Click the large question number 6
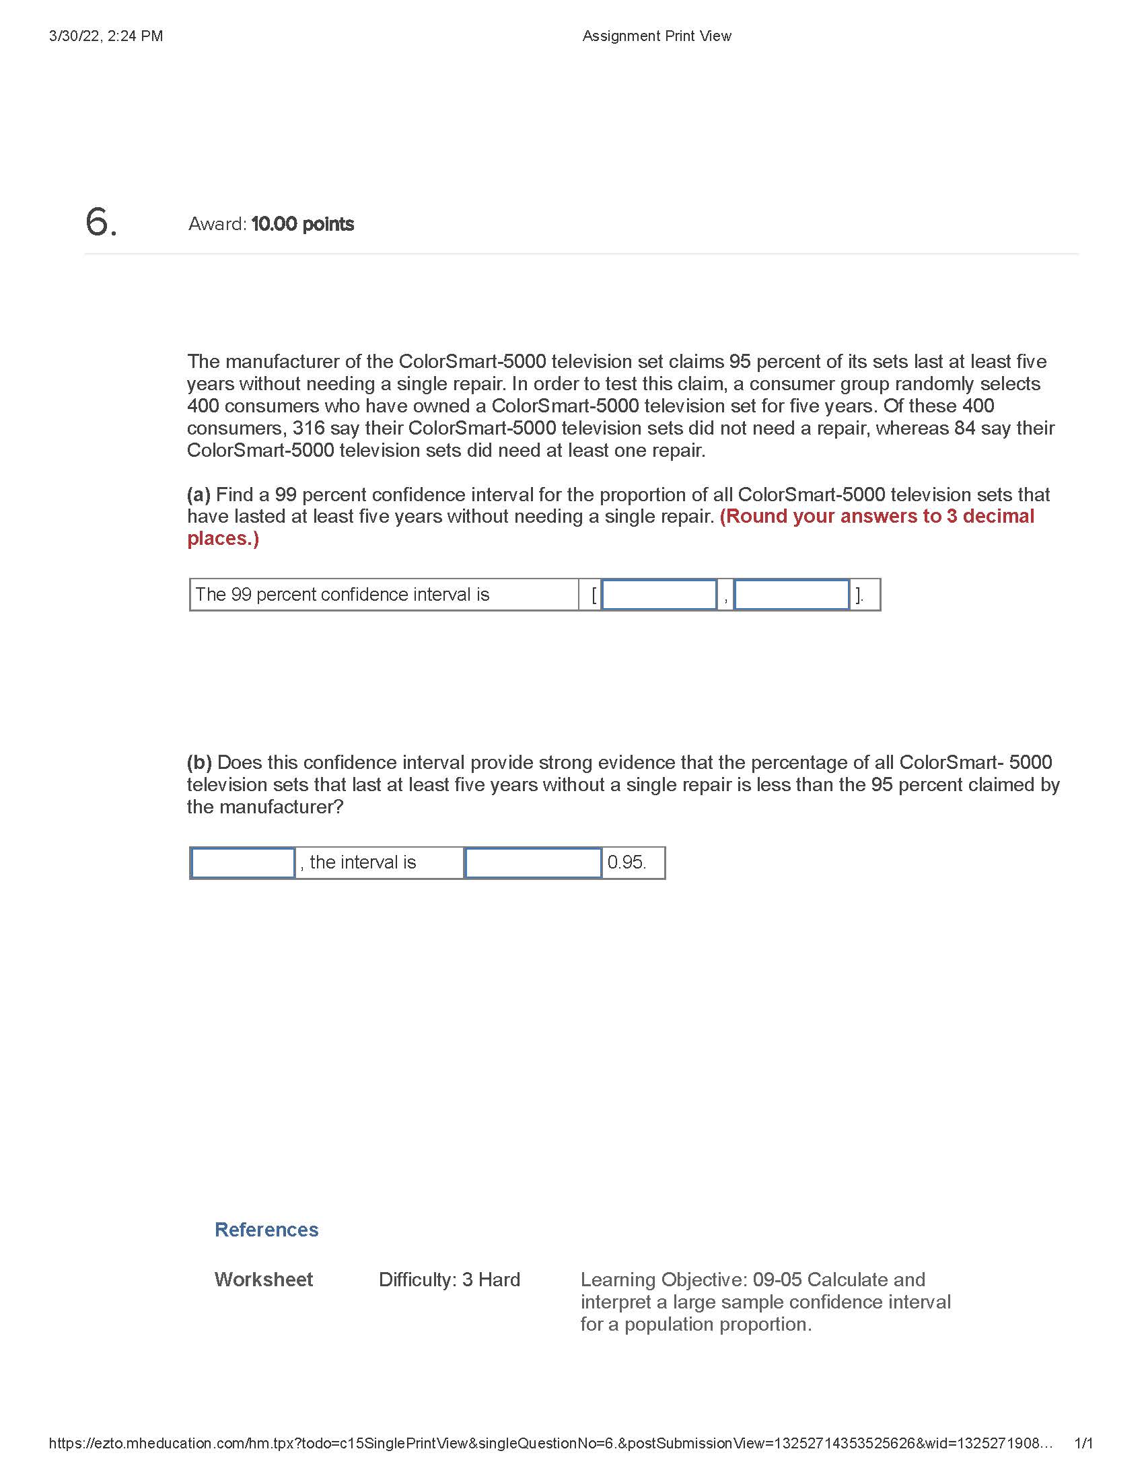(x=100, y=222)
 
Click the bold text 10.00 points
(x=302, y=224)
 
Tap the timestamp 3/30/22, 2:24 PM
(x=106, y=36)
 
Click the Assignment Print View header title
(x=656, y=36)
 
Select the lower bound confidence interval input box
(x=659, y=594)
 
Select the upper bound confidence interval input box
(x=791, y=594)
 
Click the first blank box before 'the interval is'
(x=243, y=862)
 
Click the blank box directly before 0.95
(x=533, y=862)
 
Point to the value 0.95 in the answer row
(x=627, y=862)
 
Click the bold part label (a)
(x=199, y=494)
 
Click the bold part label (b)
(x=199, y=762)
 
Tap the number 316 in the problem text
(x=308, y=429)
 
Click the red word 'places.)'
(x=223, y=539)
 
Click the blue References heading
(x=266, y=1229)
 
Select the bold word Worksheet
(x=264, y=1280)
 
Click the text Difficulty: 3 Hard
(x=450, y=1280)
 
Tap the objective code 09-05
(x=777, y=1280)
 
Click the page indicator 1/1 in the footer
(x=1083, y=1443)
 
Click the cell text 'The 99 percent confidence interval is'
(x=343, y=594)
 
